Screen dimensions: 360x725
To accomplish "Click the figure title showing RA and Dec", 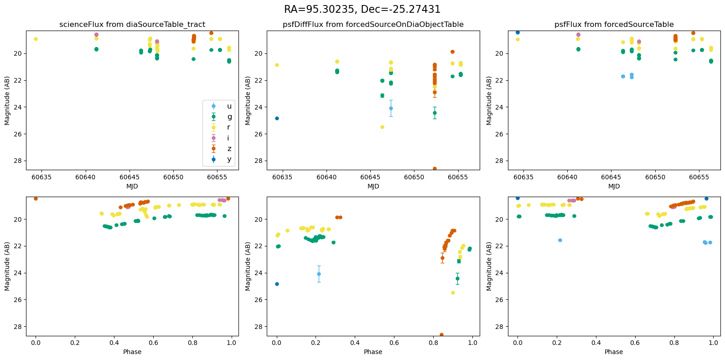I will (362, 9).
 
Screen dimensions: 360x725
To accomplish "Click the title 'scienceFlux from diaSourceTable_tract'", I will (132, 25).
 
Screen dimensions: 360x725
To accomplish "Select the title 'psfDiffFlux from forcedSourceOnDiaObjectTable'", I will (373, 25).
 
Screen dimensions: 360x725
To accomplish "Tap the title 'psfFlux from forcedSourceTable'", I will (614, 25).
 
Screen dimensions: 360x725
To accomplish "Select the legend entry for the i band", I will (228, 138).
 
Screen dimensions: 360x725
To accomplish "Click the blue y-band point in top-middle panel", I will (277, 118).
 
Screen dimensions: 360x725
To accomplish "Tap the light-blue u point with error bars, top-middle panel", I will (391, 108).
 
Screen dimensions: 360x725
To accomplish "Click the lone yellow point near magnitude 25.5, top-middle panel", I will (382, 127).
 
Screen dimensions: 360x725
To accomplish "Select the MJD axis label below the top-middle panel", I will (373, 186).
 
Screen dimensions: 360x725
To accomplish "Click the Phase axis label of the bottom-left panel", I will (132, 352).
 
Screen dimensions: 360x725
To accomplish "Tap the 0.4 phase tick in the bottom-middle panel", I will (355, 343).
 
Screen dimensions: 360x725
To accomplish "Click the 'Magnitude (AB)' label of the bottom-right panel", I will (489, 266).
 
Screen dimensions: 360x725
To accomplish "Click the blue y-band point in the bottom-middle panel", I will (277, 284).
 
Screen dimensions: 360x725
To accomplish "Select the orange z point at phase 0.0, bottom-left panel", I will (36, 198).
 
